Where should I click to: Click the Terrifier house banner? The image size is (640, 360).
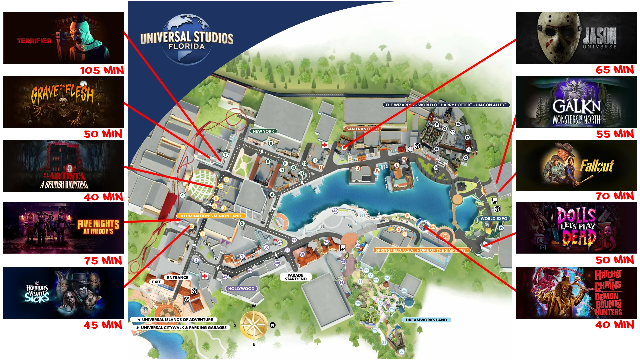(63, 37)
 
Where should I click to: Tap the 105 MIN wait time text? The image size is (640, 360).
(102, 70)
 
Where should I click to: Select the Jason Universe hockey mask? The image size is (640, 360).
(558, 37)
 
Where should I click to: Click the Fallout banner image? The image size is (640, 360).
(576, 166)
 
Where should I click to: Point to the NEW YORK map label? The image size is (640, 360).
(263, 131)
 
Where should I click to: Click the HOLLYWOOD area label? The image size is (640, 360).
(241, 289)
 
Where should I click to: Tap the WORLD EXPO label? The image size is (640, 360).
(494, 219)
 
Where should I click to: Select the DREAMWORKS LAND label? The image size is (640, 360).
(426, 320)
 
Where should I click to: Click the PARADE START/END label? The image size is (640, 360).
(296, 277)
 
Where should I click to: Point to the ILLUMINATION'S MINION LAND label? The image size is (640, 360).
(211, 216)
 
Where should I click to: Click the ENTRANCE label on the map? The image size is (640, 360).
(178, 278)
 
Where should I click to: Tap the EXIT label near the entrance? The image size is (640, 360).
(156, 282)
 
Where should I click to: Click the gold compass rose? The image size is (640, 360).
(254, 325)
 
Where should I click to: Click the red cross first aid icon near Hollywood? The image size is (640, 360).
(204, 276)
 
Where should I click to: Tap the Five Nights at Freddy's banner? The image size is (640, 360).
(63, 228)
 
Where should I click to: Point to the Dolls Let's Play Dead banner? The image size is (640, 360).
(576, 228)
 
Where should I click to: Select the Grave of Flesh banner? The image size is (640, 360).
(63, 101)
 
